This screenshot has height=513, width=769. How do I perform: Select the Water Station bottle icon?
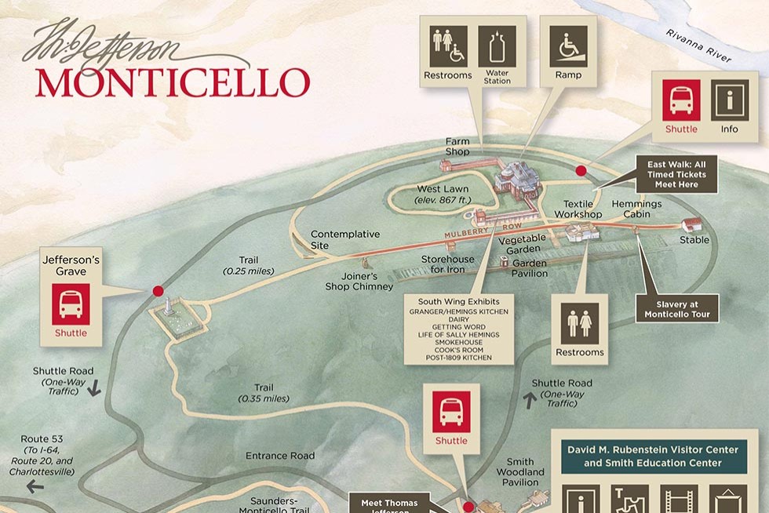click(497, 46)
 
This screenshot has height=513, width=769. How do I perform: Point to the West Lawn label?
click(438, 189)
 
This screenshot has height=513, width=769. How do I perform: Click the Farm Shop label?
click(457, 147)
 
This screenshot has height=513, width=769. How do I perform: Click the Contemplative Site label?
click(345, 239)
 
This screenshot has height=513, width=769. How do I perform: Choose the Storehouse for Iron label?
click(448, 264)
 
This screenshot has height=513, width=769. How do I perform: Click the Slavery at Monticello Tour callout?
click(677, 309)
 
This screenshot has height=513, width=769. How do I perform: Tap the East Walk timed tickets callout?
click(676, 175)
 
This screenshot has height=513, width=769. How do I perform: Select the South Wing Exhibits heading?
click(459, 301)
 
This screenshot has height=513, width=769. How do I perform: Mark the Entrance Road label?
click(280, 456)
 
